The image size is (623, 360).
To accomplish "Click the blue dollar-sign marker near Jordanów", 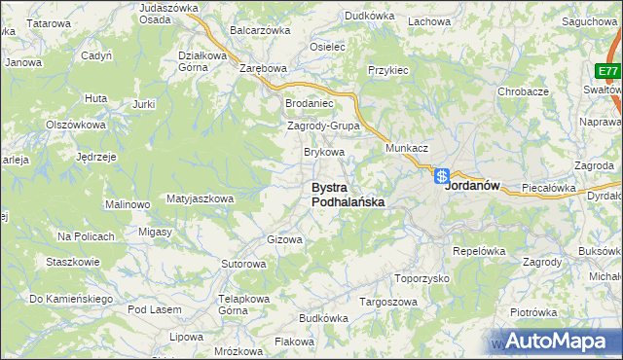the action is point(441,177).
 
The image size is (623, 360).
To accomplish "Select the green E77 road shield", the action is point(607,72).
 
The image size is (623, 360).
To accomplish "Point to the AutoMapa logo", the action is point(562,341).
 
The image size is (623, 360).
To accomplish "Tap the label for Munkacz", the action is point(407,148).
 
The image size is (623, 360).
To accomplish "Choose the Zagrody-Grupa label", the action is point(324,126).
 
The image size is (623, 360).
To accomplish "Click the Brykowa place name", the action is point(325,152).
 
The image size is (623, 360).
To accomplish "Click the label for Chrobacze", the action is point(524,90).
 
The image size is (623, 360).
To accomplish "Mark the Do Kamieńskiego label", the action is point(71,298).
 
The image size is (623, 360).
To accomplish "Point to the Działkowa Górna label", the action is point(202,61).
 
